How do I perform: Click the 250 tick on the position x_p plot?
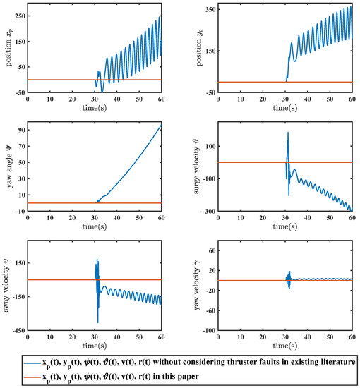pos(18,15)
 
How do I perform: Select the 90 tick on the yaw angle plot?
pos(20,130)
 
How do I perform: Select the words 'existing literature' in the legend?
pos(318,361)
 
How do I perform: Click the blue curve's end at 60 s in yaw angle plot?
pos(161,126)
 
